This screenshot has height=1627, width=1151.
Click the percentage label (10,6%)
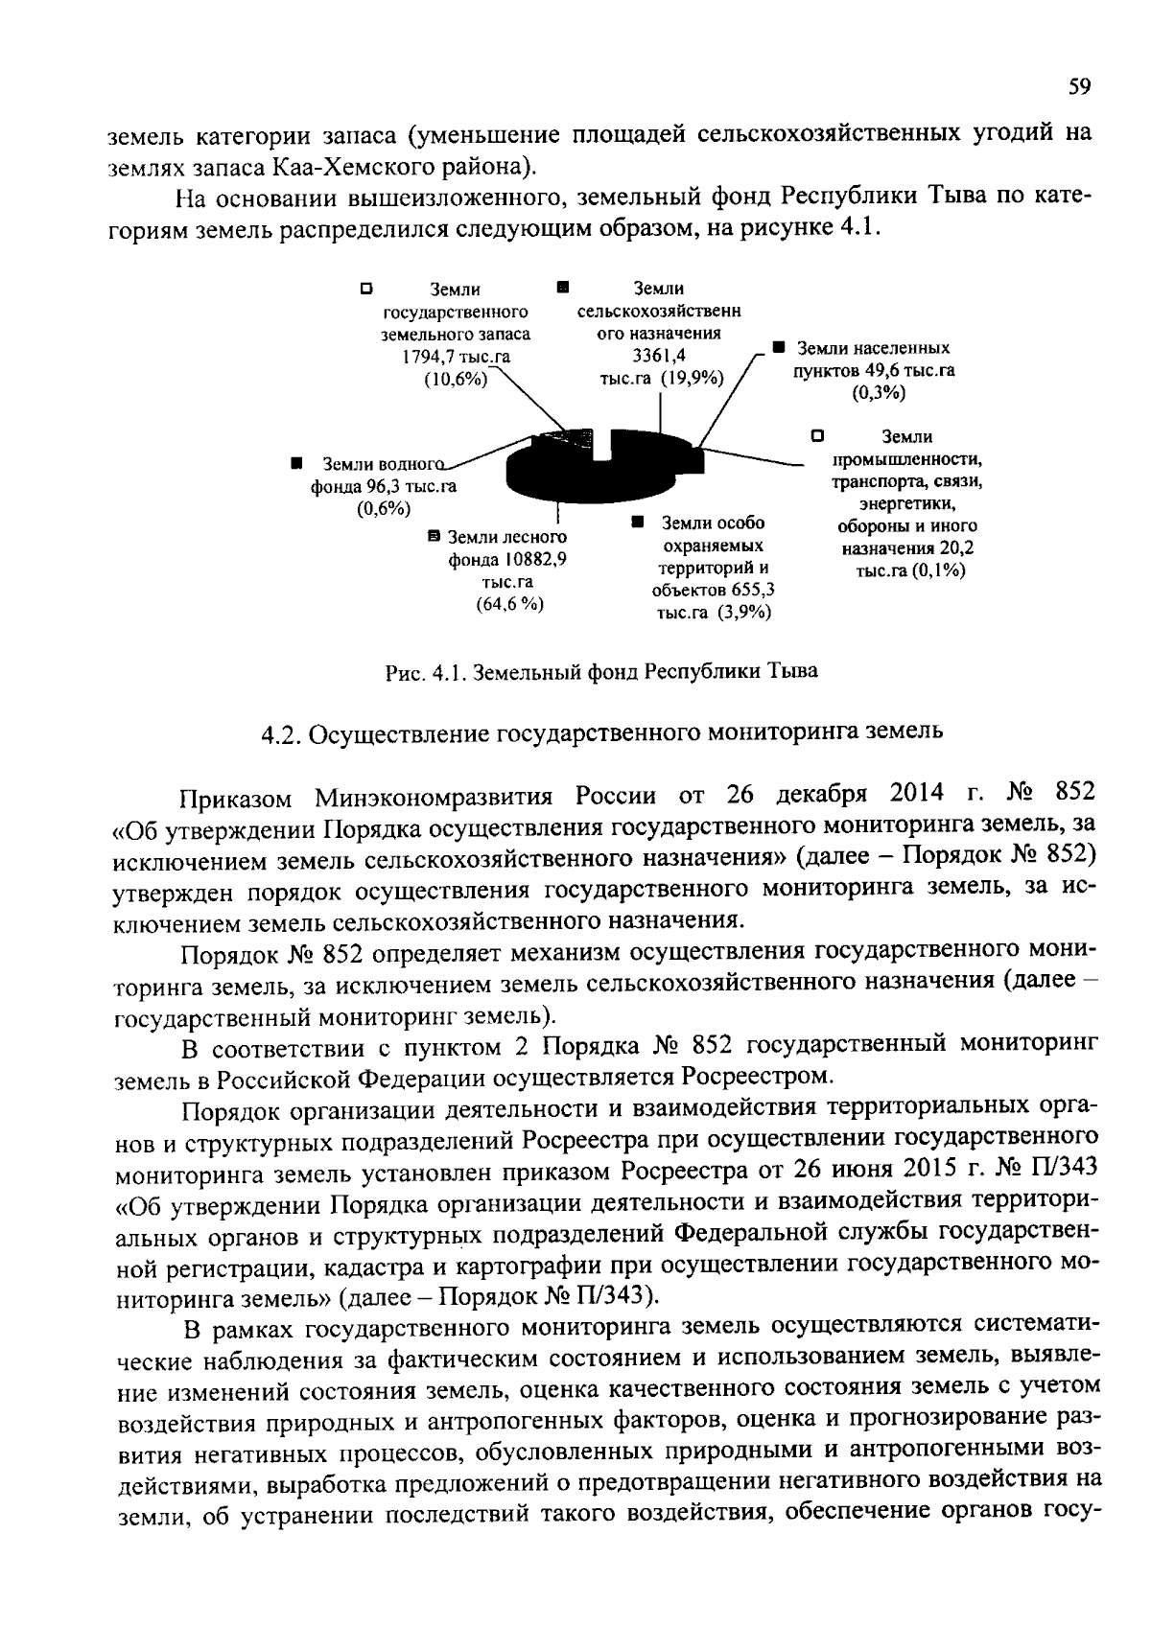click(x=456, y=379)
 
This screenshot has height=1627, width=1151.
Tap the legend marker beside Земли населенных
click(x=780, y=347)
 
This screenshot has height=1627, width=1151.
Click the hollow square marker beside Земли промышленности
click(x=816, y=434)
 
